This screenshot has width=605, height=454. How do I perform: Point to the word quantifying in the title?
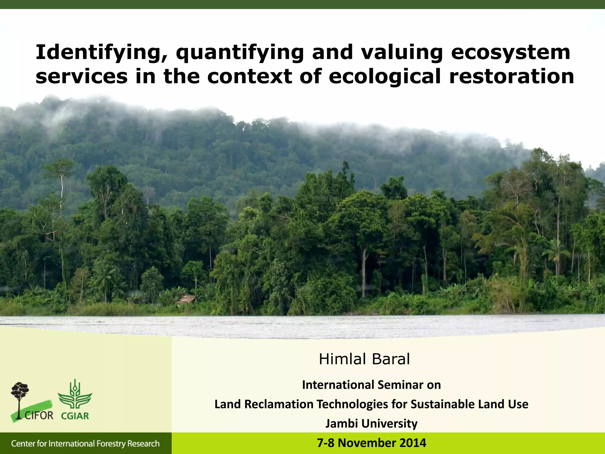[240, 53]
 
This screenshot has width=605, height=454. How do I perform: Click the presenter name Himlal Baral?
[364, 359]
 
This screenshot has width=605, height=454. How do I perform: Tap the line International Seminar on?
[371, 385]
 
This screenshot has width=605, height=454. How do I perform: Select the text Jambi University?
[371, 423]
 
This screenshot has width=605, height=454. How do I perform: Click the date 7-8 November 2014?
[371, 443]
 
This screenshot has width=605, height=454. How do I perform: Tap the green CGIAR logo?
[75, 395]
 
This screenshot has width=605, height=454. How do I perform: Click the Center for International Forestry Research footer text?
[85, 443]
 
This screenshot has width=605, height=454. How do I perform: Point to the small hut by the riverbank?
[186, 299]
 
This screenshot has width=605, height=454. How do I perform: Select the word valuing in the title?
[402, 53]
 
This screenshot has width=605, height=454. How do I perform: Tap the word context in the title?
[250, 76]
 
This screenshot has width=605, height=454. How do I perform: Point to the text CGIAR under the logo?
[75, 416]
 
